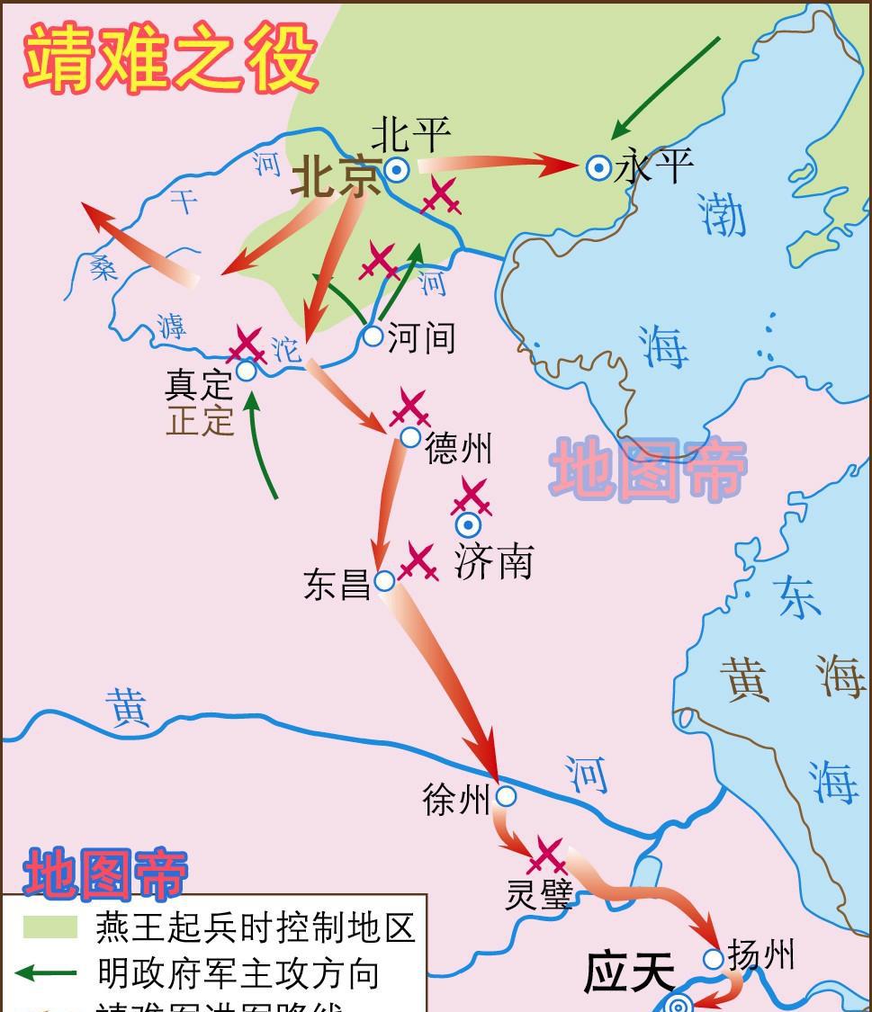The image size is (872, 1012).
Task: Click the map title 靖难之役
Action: coord(170,58)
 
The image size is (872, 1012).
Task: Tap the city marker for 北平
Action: coord(396,169)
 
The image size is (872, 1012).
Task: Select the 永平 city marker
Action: coord(598,167)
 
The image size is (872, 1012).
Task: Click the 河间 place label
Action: coord(421,338)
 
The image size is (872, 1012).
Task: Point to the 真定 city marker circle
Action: coord(246,371)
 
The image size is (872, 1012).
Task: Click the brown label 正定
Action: coord(200,420)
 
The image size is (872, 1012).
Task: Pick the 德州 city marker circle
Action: coord(410,438)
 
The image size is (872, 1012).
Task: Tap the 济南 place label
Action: coord(493,561)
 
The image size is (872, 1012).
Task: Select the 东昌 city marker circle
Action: coord(384,581)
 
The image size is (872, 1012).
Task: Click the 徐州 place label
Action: coord(456,798)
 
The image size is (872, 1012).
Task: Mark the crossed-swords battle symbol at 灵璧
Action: coord(547,855)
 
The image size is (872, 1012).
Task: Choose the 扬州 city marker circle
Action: coord(713,959)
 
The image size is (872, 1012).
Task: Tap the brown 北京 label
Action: coord(335,178)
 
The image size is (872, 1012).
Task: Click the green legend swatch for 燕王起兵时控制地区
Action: coord(50,927)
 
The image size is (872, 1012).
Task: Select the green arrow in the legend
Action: coord(47,972)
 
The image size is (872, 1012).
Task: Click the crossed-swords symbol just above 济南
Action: coord(471,497)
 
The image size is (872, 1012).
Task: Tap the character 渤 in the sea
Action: coord(723,217)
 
